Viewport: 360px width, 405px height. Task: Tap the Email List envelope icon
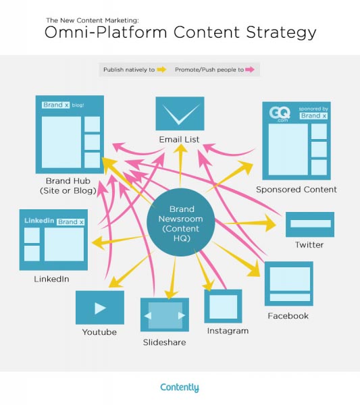[180, 113]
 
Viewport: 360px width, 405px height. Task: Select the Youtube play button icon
[100, 308]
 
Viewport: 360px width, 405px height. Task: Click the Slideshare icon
[165, 315]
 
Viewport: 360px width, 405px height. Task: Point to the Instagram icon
[223, 306]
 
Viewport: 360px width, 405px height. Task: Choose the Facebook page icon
[288, 284]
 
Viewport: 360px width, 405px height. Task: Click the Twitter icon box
[309, 223]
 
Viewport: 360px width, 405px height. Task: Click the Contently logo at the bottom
[180, 387]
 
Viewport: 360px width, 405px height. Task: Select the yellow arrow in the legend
[161, 70]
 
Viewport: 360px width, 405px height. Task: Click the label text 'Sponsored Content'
[296, 190]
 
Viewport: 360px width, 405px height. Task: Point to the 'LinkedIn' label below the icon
[51, 278]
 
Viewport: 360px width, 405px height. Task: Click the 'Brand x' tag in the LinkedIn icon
[71, 221]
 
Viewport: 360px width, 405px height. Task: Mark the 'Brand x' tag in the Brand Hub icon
[53, 105]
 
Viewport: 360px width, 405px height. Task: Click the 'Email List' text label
[180, 140]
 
